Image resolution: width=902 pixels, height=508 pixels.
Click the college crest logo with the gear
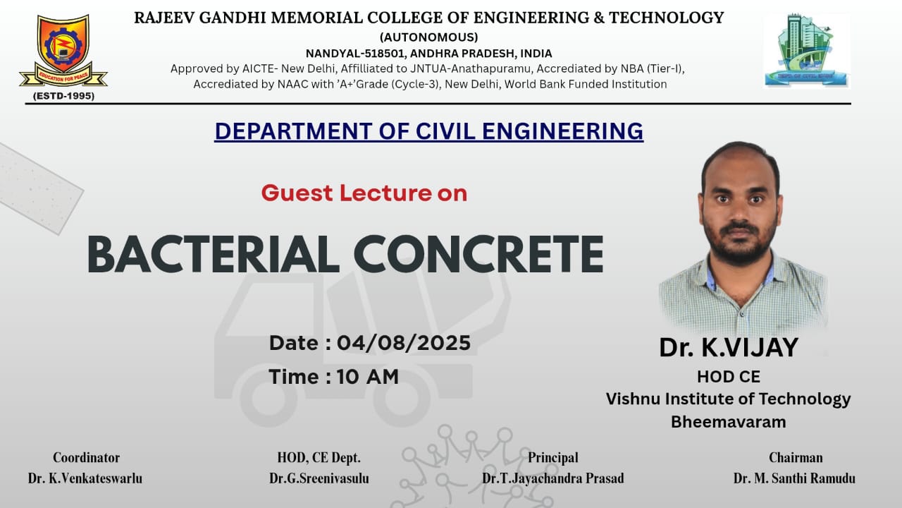point(63,50)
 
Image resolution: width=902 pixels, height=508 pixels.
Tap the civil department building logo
point(807,50)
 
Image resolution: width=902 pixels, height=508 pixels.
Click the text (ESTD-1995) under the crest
point(63,96)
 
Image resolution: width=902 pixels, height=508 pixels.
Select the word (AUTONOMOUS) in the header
point(429,37)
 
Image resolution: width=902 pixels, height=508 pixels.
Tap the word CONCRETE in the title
point(478,255)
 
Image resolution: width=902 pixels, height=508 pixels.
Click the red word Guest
point(297,193)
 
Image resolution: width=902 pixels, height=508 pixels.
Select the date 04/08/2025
point(404,343)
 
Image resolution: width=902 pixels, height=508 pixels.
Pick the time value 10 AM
point(368,377)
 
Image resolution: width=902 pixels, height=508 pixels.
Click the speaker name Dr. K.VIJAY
point(729,348)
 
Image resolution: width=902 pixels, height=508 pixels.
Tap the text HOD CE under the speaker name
point(729,377)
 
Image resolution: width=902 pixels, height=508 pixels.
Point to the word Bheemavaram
point(729,422)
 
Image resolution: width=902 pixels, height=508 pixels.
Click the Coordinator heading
point(86,458)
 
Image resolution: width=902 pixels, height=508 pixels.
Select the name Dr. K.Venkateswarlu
point(85,478)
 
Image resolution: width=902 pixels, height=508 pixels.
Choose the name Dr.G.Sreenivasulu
point(319,478)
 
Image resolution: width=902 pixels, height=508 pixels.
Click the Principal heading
point(553,458)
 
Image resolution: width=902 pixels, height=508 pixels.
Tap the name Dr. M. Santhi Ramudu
point(794,478)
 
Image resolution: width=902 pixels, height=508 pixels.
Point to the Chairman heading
point(796,458)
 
